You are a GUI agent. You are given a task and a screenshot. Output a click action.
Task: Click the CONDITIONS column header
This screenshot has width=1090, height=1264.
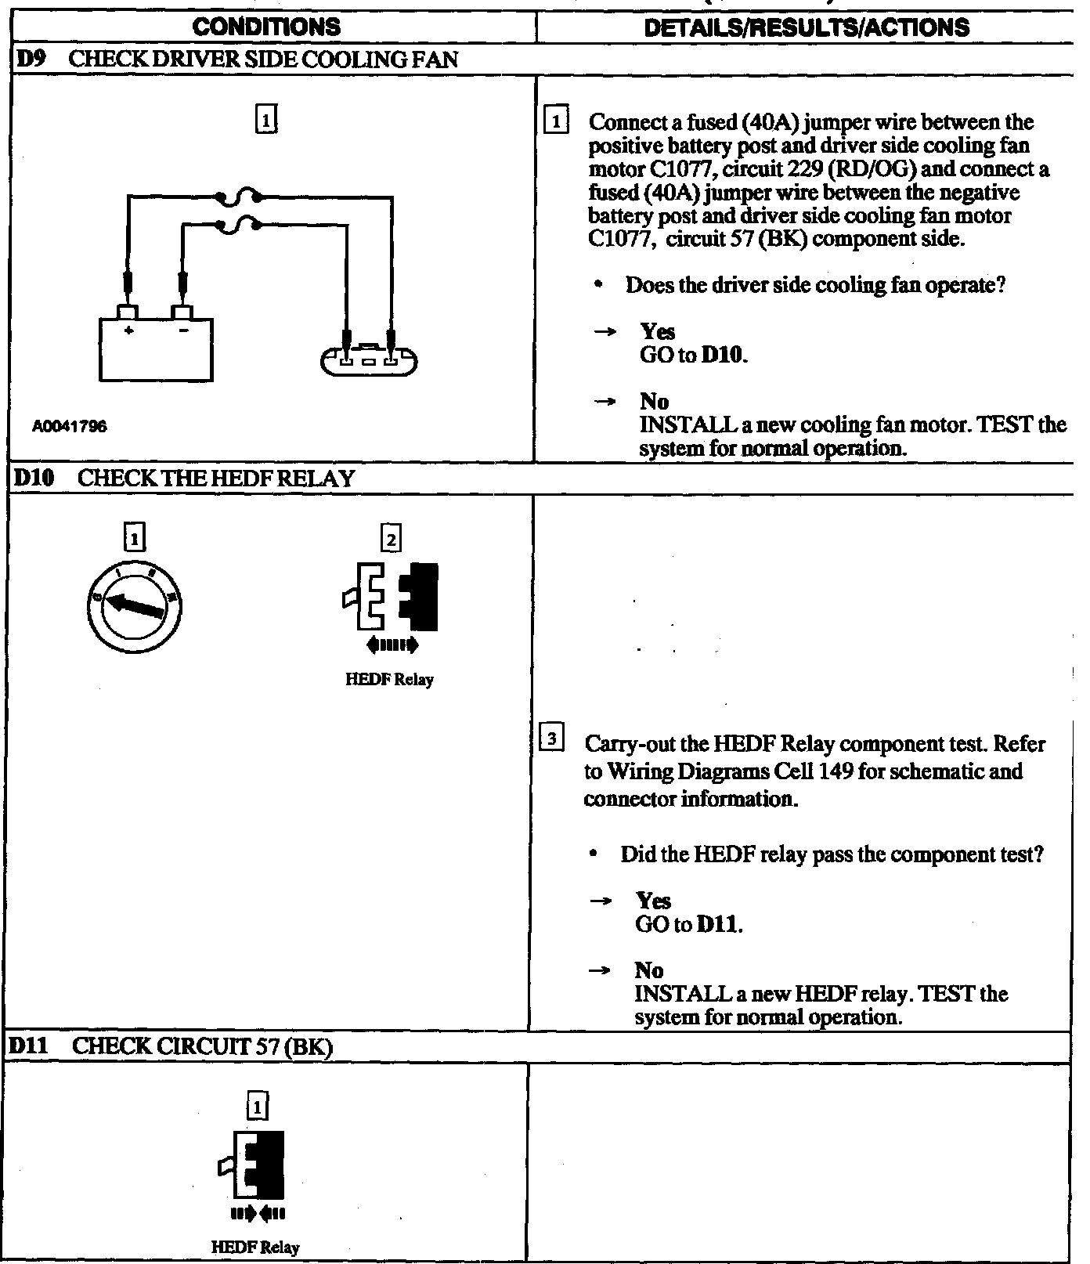266,27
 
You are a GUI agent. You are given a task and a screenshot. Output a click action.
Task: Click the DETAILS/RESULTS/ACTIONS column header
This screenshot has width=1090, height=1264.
806,27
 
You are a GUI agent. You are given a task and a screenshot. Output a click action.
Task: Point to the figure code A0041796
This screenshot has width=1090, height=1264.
70,427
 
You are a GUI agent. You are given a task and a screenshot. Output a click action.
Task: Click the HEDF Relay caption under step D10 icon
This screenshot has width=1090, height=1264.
389,680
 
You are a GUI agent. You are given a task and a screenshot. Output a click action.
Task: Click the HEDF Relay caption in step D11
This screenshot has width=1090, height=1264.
255,1248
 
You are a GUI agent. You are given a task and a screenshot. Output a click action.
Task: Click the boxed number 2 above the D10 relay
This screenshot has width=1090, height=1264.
391,539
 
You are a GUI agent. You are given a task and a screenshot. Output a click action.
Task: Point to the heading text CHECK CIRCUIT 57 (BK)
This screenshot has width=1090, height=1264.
204,1047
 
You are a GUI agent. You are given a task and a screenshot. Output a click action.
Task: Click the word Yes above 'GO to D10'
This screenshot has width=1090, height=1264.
657,332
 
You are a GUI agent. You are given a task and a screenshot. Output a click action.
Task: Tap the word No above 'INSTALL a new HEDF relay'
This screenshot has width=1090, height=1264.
649,970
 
